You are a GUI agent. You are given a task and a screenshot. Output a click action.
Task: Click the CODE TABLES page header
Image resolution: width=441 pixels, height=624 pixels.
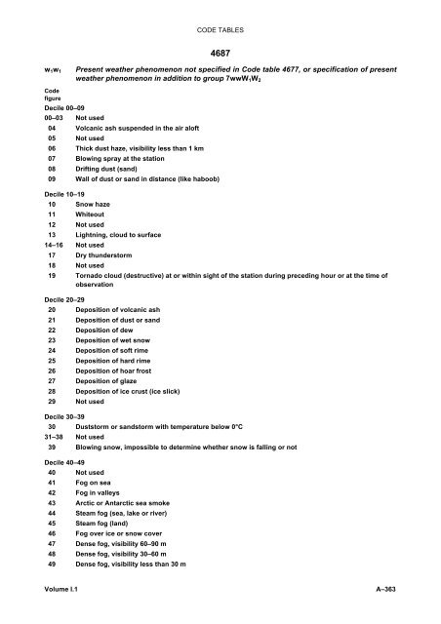(x=220, y=10)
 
